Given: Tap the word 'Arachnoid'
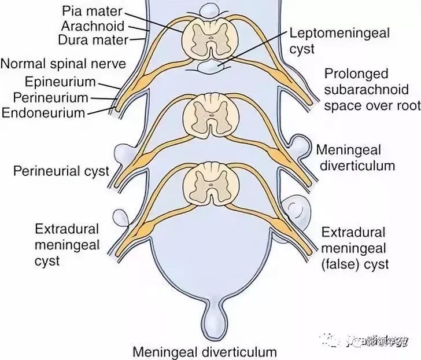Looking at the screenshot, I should [x=94, y=26].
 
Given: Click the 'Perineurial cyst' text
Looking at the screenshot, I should [x=61, y=171].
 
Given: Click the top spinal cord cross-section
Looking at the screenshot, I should [x=211, y=38].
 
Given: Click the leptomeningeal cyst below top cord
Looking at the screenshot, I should [x=211, y=69].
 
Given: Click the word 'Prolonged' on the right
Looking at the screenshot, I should [x=356, y=74].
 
